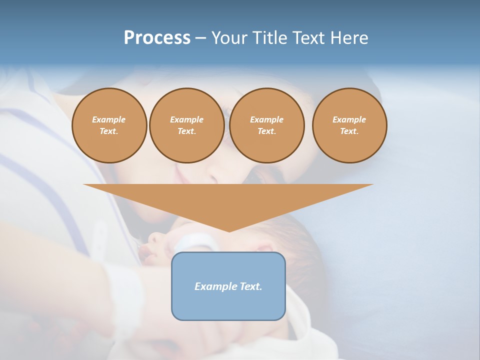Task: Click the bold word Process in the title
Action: [x=157, y=38]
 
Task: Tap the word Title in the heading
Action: [x=270, y=38]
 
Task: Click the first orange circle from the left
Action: [x=109, y=125]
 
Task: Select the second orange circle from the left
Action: [x=186, y=125]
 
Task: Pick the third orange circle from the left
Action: [x=266, y=125]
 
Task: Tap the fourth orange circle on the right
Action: [x=349, y=125]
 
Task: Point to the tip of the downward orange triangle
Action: [x=229, y=230]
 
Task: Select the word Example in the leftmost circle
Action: [x=109, y=119]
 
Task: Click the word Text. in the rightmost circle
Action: [x=349, y=131]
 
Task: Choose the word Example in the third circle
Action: [x=266, y=119]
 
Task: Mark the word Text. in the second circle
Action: [x=186, y=131]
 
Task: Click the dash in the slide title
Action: [x=200, y=38]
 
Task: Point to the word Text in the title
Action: [x=308, y=38]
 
